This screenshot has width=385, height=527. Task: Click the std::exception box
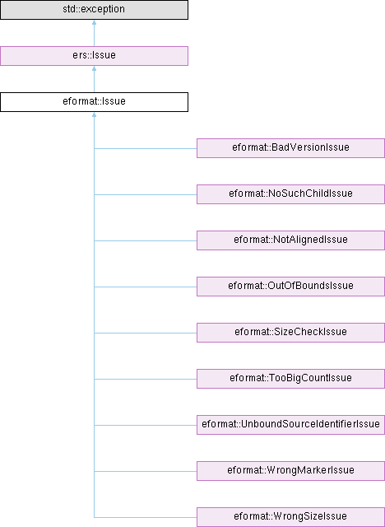pos(94,10)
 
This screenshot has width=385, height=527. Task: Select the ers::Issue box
pos(94,56)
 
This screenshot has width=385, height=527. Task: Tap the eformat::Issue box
pos(94,102)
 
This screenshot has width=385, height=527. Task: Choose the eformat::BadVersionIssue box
pos(290,148)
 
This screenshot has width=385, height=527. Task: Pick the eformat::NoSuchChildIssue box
pos(290,194)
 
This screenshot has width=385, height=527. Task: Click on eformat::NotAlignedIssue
pos(290,240)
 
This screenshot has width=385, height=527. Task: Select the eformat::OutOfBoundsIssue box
pos(290,286)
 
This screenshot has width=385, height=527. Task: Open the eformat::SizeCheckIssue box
pos(290,333)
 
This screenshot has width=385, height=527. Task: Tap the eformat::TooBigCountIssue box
pos(290,379)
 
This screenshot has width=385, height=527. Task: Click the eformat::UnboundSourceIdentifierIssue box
pos(290,425)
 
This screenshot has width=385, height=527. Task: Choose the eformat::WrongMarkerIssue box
pos(290,470)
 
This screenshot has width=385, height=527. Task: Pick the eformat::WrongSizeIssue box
pos(290,516)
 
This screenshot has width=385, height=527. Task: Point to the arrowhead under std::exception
pos(94,22)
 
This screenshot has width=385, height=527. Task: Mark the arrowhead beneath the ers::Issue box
pos(94,68)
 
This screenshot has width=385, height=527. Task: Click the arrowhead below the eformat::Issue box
pos(94,114)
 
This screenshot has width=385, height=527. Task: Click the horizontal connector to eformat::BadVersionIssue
pos(146,148)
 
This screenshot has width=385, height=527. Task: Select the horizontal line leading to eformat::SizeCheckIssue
pos(146,333)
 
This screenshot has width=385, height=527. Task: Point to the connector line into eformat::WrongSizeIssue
pos(146,517)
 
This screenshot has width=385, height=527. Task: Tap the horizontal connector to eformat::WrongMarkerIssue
pos(146,471)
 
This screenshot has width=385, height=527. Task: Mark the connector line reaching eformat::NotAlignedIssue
pos(146,240)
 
